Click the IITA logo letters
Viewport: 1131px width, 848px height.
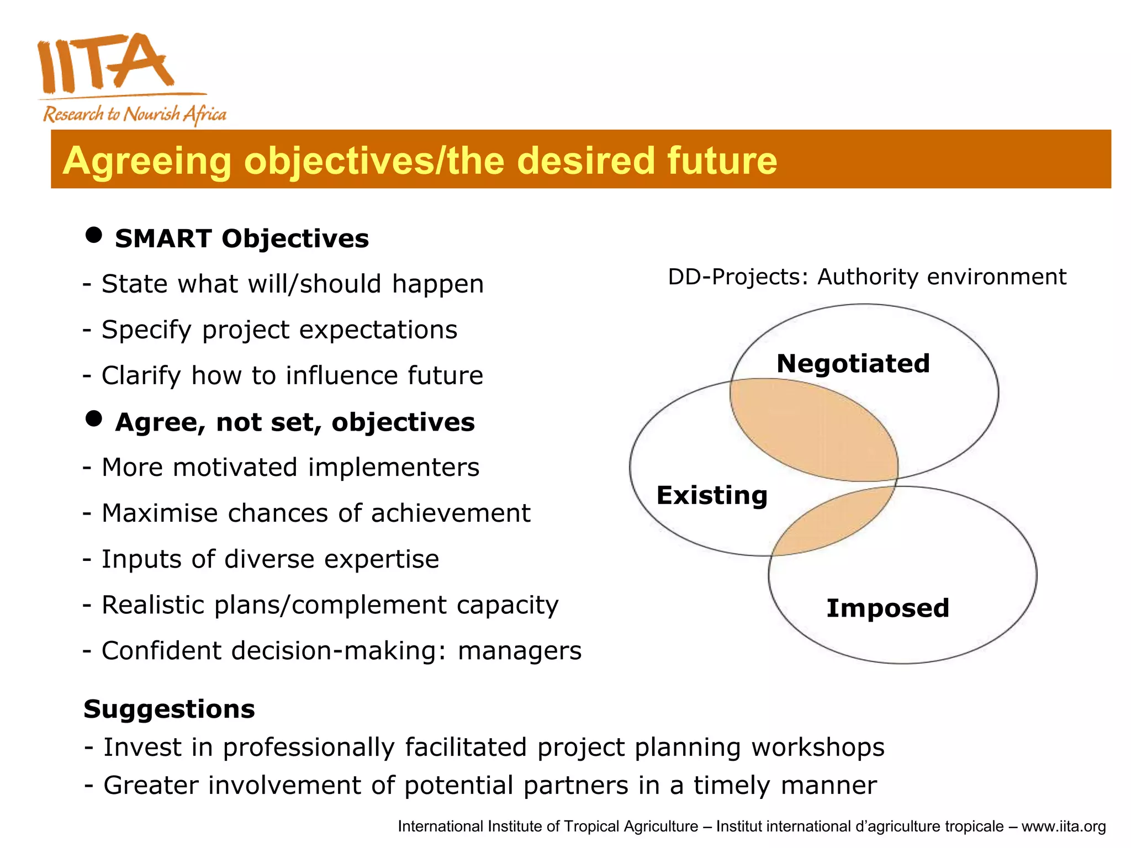coord(105,63)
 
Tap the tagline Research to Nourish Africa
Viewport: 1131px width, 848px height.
coord(135,114)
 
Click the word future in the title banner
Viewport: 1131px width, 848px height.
coord(722,161)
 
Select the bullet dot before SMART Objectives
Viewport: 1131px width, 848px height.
coord(94,235)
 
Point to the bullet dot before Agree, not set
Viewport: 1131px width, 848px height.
coord(94,418)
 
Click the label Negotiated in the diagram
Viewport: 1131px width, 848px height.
coord(853,364)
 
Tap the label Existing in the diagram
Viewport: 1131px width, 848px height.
coord(712,495)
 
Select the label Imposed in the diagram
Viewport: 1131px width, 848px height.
coord(887,608)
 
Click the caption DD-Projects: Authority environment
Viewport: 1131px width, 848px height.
coord(866,277)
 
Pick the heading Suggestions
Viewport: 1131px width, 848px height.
coord(169,709)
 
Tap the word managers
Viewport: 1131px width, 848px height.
coord(520,651)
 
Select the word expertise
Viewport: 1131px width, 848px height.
coord(382,559)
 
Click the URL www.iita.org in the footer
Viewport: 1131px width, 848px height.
coord(1063,826)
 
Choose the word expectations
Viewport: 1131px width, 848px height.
coord(378,330)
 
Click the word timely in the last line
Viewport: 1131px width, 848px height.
coord(731,786)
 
